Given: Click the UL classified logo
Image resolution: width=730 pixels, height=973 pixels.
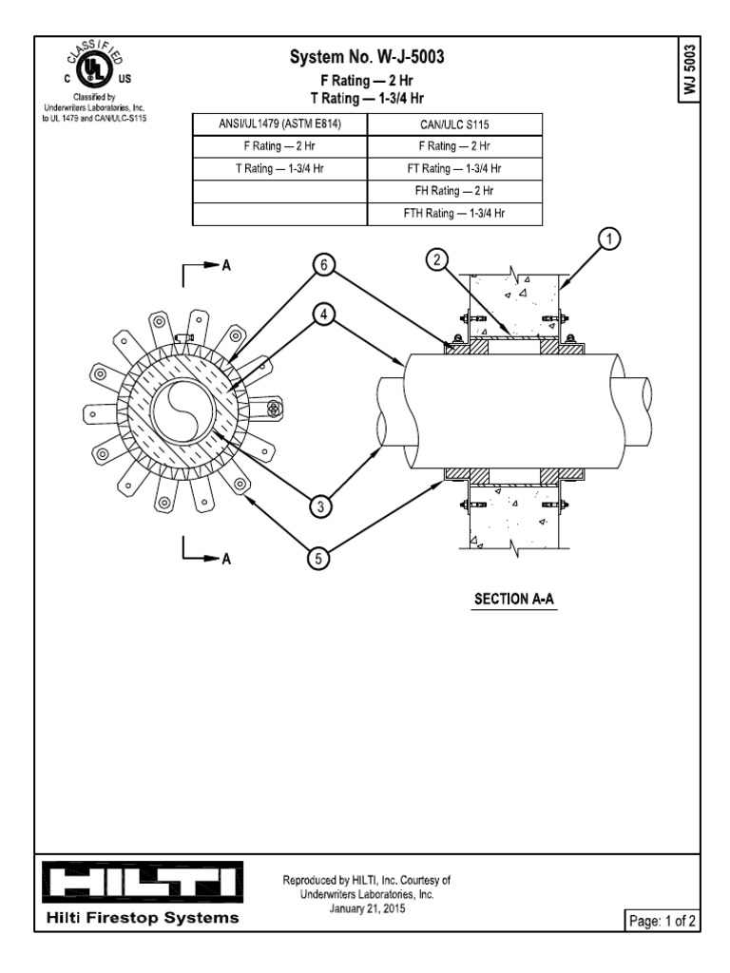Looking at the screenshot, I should click(91, 68).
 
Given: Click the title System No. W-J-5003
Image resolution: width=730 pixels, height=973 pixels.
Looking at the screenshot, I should click(366, 59).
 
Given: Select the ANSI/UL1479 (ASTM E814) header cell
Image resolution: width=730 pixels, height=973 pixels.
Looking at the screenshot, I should click(279, 124).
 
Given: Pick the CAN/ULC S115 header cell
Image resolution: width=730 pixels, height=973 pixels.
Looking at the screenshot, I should click(453, 124).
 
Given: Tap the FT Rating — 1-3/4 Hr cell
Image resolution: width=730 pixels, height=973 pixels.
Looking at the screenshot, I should click(453, 168).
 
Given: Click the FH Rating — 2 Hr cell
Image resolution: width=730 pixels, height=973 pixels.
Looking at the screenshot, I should click(453, 191).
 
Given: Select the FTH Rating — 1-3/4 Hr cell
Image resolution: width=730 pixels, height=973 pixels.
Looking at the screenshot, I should click(453, 214).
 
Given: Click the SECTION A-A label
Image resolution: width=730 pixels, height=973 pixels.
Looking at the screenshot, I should click(514, 600).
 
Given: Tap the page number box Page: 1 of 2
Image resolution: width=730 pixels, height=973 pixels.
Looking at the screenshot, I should click(661, 921).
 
